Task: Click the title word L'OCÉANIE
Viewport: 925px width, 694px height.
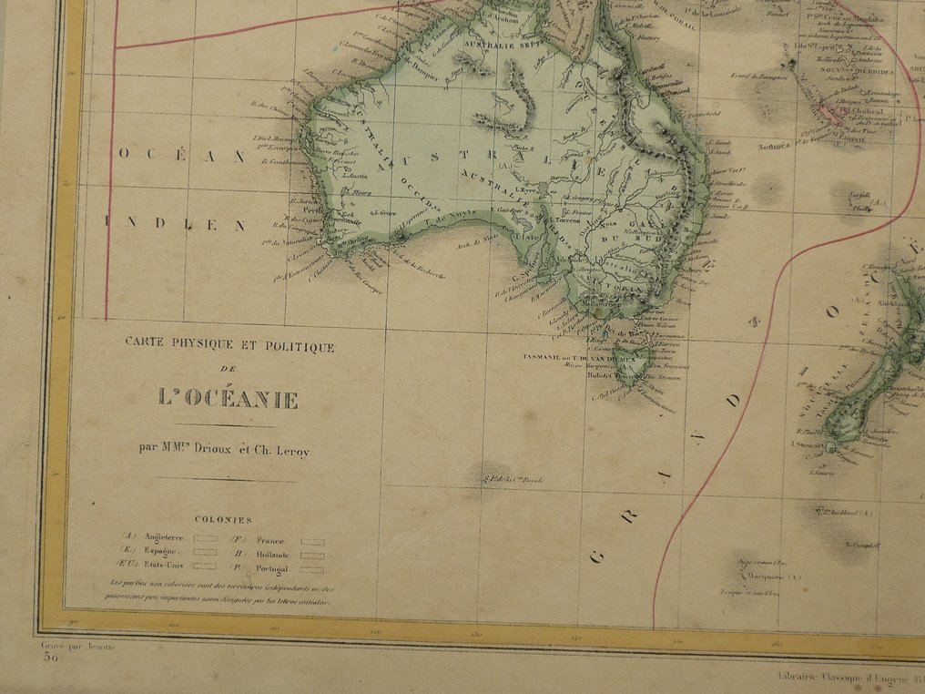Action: [229, 398]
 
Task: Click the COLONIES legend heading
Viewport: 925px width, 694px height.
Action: [222, 519]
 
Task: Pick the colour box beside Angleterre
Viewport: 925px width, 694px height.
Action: [205, 538]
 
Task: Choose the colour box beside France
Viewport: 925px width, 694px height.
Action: [312, 541]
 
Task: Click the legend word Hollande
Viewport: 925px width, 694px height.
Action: [273, 554]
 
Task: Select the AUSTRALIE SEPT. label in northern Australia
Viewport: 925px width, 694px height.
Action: [497, 44]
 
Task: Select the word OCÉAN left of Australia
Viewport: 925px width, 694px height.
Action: [182, 155]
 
